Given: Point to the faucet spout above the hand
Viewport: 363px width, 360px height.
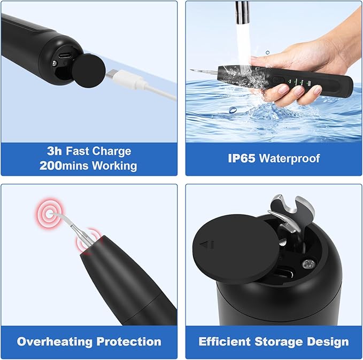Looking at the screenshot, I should coord(243,9).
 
